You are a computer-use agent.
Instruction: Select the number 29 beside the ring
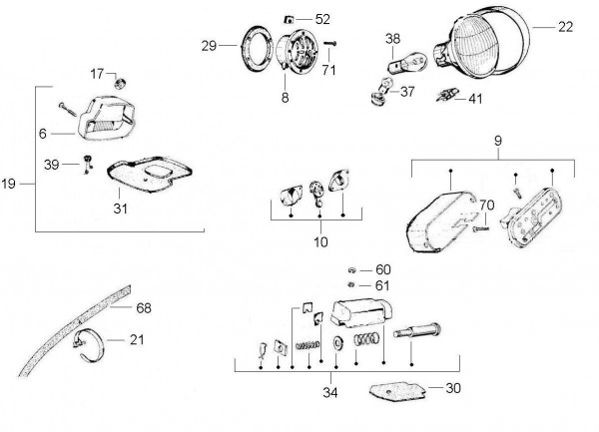208,46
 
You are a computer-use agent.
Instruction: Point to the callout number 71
328,69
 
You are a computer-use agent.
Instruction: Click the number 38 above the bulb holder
391,39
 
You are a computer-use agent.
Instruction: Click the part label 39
50,164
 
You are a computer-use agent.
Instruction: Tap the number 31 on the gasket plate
120,209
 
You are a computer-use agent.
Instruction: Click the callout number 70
486,207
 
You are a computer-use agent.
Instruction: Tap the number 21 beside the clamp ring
136,340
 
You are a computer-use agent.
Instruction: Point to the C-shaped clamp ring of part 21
93,342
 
